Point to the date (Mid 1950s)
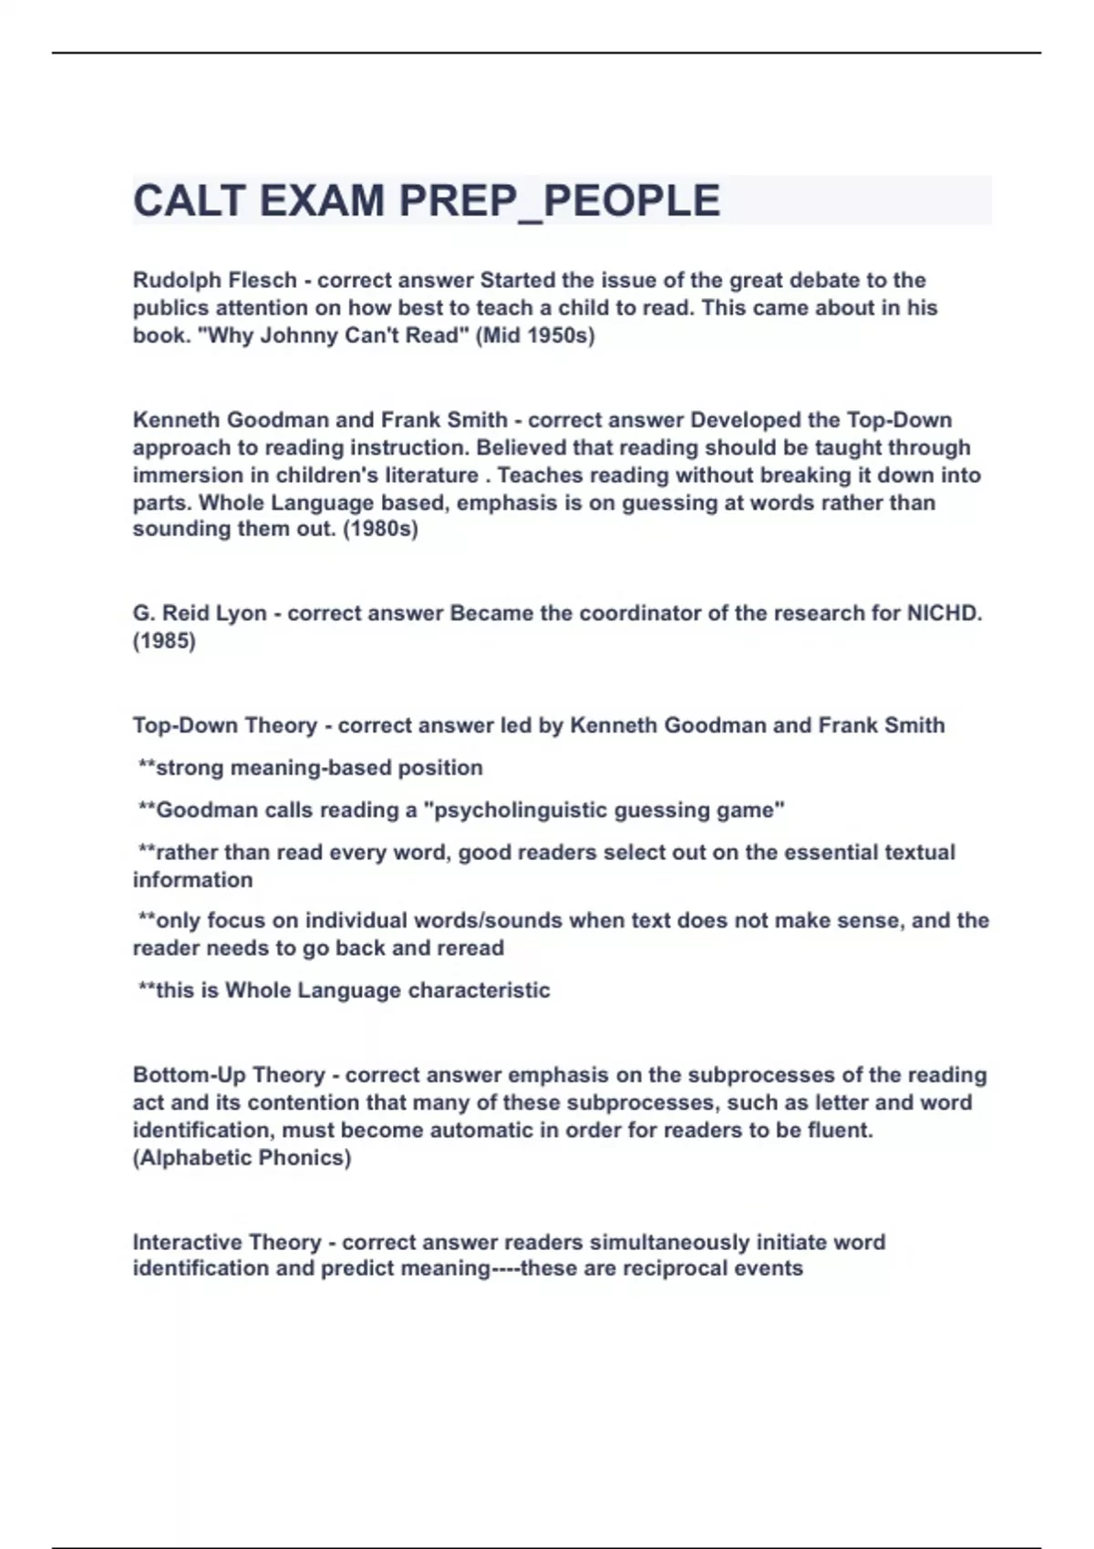pyautogui.click(x=535, y=335)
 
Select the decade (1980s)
pyautogui.click(x=380, y=529)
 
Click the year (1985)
pyautogui.click(x=164, y=641)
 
